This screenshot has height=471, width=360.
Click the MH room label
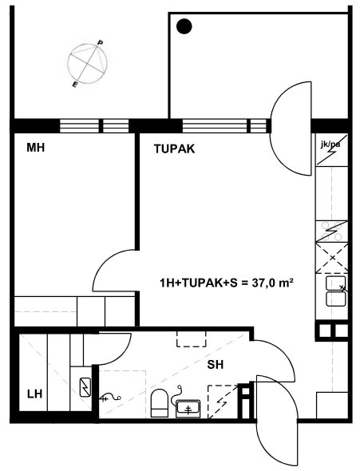[x=35, y=148]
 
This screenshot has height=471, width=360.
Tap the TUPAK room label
[x=175, y=149]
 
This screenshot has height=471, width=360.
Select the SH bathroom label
[x=216, y=365]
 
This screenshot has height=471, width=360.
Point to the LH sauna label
[x=34, y=394]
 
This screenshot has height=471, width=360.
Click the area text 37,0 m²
[x=272, y=283]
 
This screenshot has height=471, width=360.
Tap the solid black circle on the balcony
[x=184, y=26]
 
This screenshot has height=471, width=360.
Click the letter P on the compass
[x=100, y=42]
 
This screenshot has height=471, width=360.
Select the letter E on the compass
[x=75, y=85]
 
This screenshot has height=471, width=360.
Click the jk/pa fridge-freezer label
[x=330, y=144]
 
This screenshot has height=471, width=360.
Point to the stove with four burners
[x=332, y=232]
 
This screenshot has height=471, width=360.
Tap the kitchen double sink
[x=336, y=291]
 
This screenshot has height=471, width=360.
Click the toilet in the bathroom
[x=159, y=403]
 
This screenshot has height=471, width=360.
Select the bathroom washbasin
[x=188, y=409]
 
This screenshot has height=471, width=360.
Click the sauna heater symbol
[x=85, y=387]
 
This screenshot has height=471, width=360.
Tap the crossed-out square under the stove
[x=332, y=258]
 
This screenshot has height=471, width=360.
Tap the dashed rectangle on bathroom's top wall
[x=192, y=339]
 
